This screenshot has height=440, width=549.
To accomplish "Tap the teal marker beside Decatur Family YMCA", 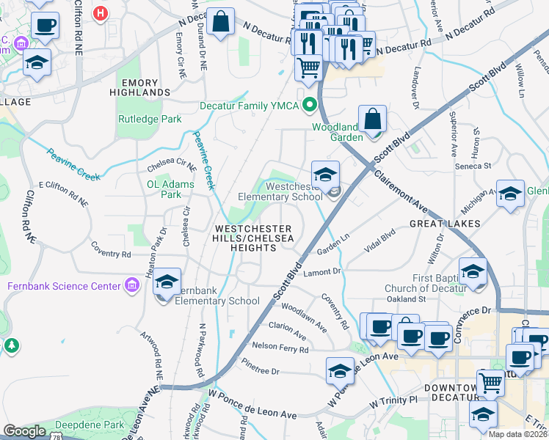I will (309, 105).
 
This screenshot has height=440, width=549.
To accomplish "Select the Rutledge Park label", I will (149, 119).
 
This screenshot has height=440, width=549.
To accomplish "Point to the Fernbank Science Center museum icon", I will (132, 285).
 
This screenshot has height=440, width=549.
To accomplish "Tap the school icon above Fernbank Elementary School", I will (167, 282).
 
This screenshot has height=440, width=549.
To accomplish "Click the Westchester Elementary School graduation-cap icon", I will (325, 175).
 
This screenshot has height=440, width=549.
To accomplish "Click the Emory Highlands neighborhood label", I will (139, 87).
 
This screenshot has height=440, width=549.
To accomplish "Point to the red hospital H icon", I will (101, 12).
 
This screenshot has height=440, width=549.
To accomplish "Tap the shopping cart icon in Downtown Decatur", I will (490, 382).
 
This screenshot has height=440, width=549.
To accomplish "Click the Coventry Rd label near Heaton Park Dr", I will (110, 254).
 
